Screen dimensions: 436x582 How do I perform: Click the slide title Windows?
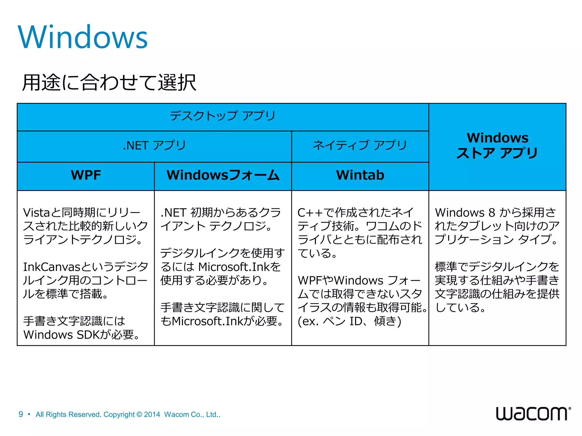pos(83,37)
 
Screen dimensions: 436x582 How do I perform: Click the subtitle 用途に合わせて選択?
pos(109,83)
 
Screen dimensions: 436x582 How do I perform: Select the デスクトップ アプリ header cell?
pos(223,116)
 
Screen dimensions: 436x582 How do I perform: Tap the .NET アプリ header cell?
pos(154,146)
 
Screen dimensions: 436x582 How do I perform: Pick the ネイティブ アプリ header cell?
pos(360,146)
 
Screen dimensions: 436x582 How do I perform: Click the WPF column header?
pos(86,175)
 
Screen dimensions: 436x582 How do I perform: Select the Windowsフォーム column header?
pos(223,175)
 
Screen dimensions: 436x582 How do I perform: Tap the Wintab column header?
pos(360,175)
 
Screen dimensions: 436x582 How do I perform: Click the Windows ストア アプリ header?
pos(497,146)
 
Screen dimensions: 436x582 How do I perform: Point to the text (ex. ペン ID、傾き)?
pos(349,321)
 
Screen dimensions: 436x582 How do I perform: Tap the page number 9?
pos(21,414)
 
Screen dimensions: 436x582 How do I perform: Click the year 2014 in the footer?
pos(152,415)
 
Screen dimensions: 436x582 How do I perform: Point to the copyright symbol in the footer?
pos(139,415)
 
